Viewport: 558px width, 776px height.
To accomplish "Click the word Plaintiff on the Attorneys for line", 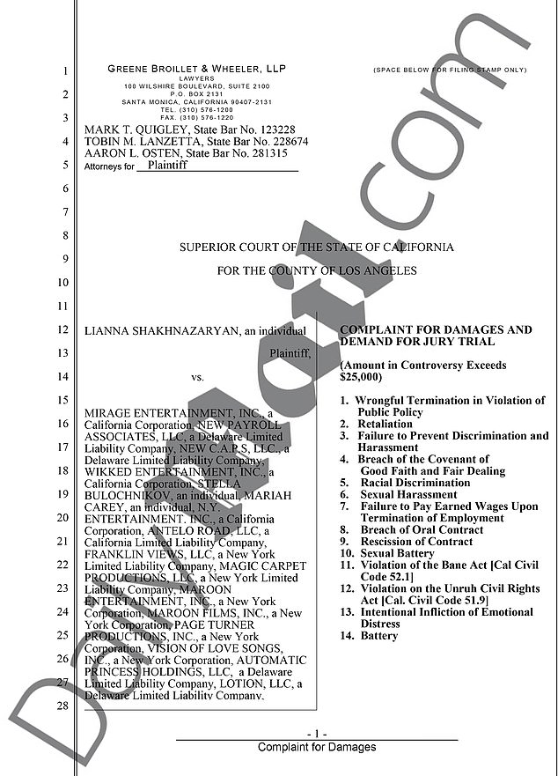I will click(168, 165).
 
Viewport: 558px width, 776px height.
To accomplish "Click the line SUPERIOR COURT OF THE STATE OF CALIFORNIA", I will click(316, 248).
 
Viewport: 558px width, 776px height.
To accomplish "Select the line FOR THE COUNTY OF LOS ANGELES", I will click(317, 270).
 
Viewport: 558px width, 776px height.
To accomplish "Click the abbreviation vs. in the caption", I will click(197, 378).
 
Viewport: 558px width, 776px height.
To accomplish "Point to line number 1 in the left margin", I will click(65, 71).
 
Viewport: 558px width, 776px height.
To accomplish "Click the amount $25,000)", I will click(361, 377).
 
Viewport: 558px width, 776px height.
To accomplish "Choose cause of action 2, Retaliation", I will click(380, 424).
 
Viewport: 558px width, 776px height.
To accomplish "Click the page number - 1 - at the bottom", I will click(317, 734).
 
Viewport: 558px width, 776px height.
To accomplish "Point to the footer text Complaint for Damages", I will click(317, 747).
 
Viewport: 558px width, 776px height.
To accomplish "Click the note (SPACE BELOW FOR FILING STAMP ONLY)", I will click(449, 69).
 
